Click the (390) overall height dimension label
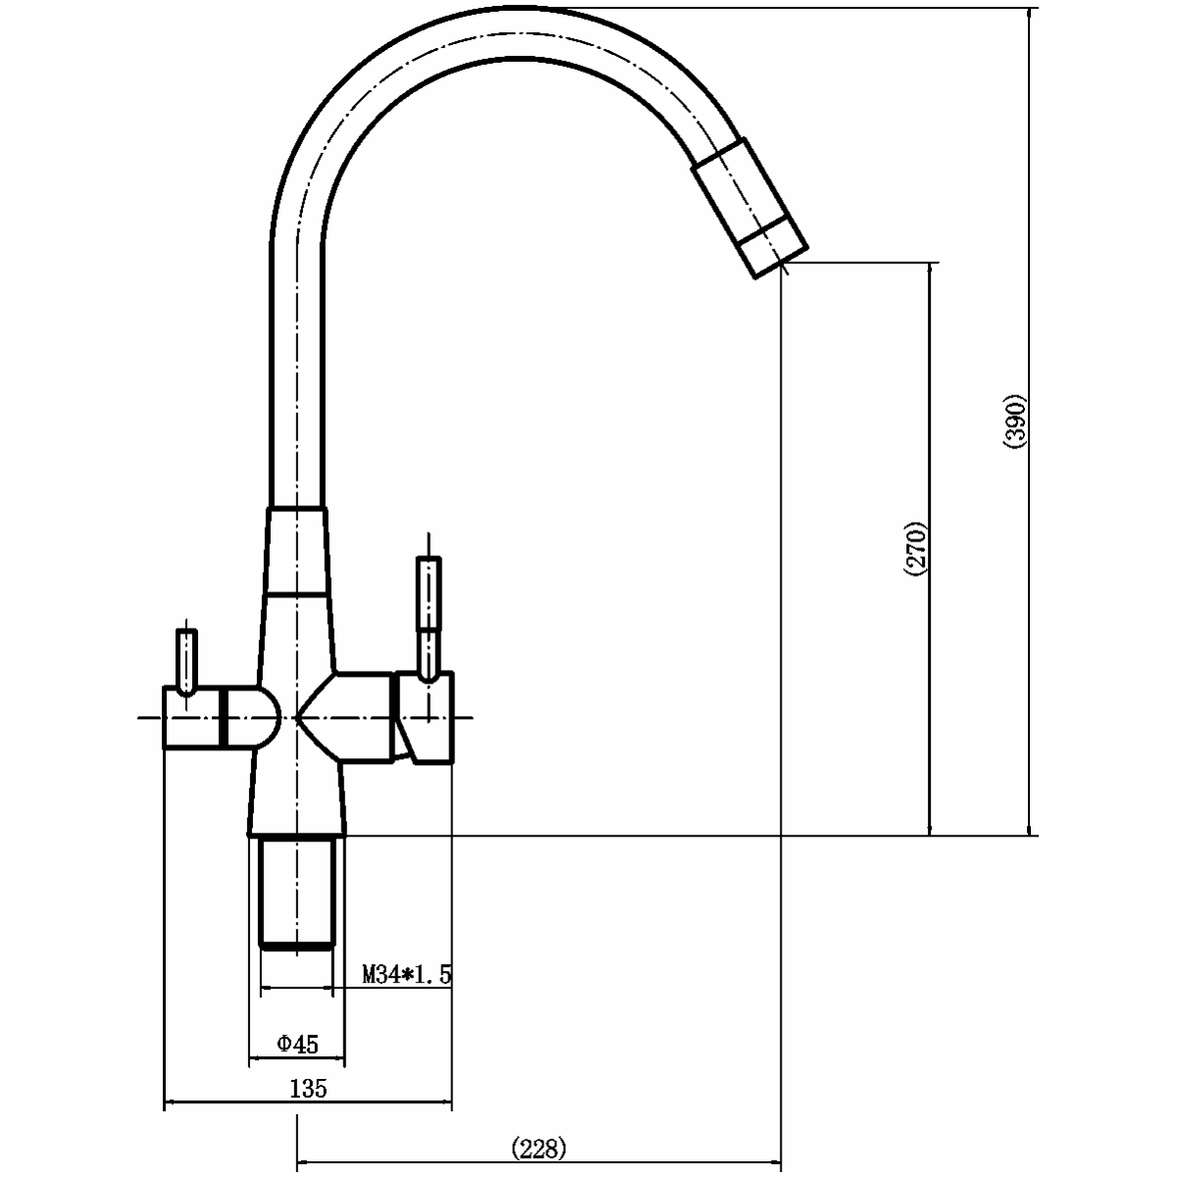click(x=1015, y=422)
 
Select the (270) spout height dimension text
click(x=915, y=548)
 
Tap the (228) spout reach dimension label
click(x=538, y=1149)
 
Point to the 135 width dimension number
click(x=308, y=1088)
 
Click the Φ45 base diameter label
click(x=297, y=1044)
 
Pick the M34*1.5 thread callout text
click(x=407, y=974)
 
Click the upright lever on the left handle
click(x=186, y=661)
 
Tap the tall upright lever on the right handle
click(x=429, y=618)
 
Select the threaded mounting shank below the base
click(x=297, y=893)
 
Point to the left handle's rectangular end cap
click(x=192, y=717)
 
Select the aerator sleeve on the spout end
click(x=750, y=208)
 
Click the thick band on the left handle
click(x=224, y=717)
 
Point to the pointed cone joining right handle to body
click(x=317, y=717)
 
